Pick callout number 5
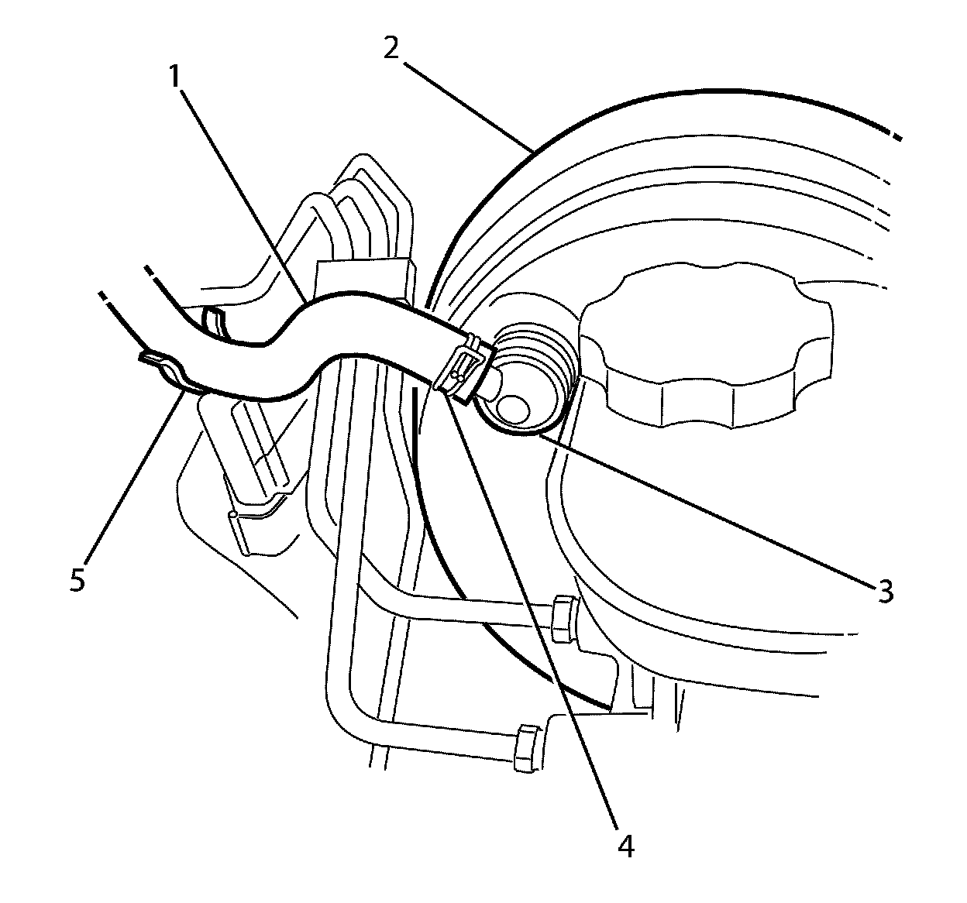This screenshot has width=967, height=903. (77, 580)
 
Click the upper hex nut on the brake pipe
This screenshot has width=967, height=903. (563, 620)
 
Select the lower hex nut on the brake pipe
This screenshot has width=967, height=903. (527, 748)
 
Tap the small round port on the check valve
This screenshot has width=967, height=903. (513, 407)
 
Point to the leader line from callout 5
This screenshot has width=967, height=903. (132, 472)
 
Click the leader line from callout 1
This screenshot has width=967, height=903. (240, 186)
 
